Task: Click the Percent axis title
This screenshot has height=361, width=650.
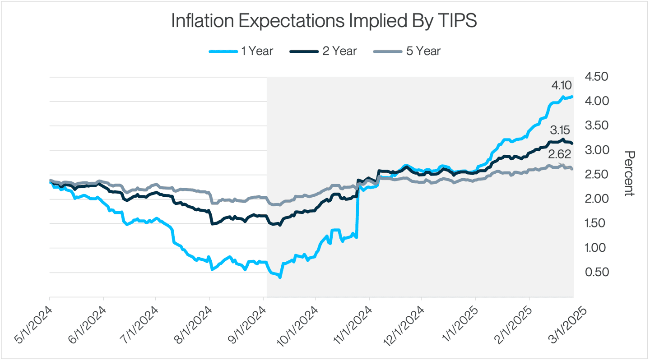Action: click(x=628, y=174)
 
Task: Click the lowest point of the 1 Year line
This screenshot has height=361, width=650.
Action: click(x=280, y=277)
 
